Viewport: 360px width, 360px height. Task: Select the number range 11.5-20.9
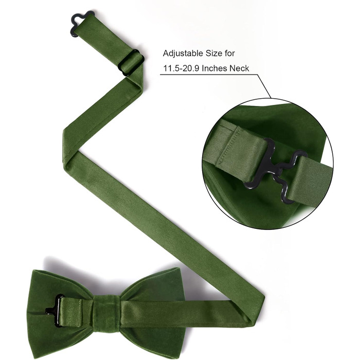[181, 68]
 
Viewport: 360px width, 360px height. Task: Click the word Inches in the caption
[214, 68]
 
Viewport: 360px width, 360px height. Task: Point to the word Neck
[240, 68]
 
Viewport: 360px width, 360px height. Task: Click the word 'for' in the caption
[230, 53]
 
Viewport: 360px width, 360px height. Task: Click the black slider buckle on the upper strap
[131, 62]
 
